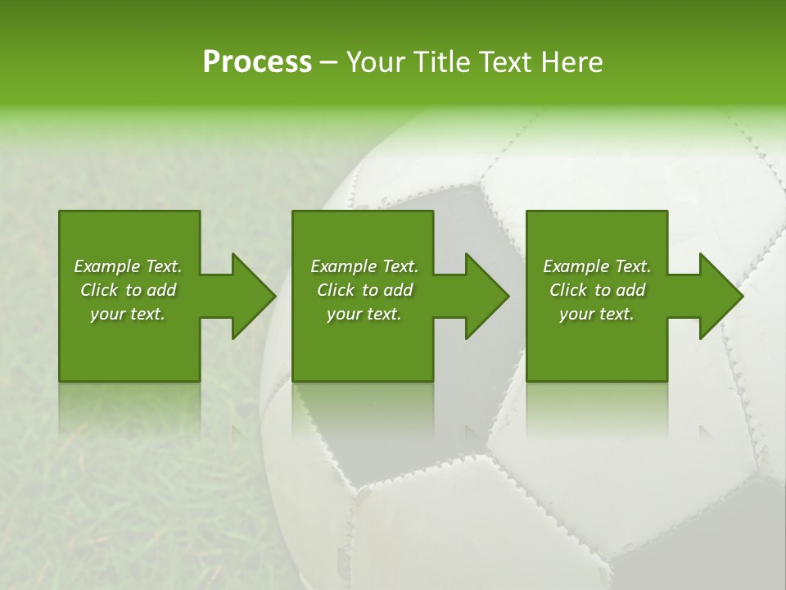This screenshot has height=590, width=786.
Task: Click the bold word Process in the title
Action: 257,62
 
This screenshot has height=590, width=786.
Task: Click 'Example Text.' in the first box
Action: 128,266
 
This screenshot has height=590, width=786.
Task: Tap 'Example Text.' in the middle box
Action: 364,266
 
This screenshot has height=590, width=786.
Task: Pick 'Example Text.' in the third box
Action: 597,266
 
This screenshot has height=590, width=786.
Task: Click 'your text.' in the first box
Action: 128,314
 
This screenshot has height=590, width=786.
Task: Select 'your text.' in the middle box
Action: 364,314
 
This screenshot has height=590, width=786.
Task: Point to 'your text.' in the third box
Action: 597,314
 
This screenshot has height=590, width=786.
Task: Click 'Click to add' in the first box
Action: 128,290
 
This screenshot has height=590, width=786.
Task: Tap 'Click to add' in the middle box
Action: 364,290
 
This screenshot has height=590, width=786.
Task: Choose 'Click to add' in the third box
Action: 597,290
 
